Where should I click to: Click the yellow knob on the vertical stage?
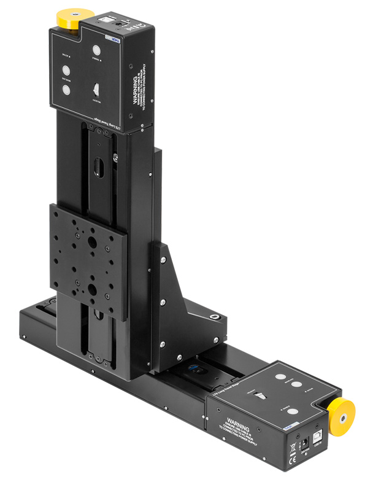point(70,20)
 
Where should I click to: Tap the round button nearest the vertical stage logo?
point(97,51)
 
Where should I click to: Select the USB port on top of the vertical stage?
point(109,22)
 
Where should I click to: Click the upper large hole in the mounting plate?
point(92,243)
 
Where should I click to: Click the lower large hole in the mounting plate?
point(92,288)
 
